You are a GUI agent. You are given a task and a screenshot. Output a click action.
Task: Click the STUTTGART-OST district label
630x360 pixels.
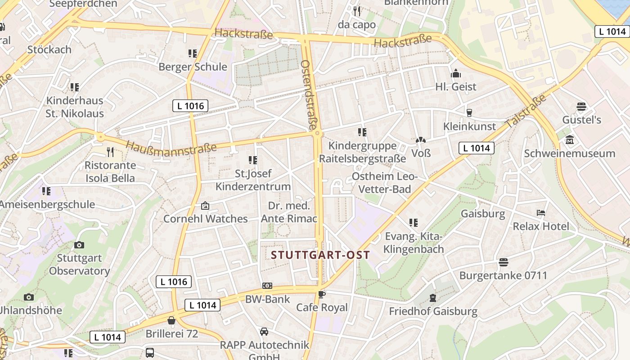320,255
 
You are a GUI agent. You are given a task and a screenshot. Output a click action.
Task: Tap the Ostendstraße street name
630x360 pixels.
309,95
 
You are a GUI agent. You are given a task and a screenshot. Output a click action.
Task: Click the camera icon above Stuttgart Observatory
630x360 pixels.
79,245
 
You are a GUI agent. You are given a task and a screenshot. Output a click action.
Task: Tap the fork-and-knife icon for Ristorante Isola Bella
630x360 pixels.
110,152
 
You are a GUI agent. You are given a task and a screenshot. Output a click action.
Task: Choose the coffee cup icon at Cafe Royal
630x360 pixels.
321,294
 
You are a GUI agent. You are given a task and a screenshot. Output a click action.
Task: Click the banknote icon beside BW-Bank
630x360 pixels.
267,286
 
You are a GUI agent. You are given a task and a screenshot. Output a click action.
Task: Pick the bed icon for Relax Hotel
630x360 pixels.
541,212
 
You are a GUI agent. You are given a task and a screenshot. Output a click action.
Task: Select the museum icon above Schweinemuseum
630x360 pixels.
569,140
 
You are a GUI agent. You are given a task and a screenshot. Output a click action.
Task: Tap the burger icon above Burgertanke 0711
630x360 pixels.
503,262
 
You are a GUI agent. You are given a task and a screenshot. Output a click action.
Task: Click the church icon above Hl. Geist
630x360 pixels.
455,73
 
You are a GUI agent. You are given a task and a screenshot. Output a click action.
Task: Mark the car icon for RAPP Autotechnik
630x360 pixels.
264,332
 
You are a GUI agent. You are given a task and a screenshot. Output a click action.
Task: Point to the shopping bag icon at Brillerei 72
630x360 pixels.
171,320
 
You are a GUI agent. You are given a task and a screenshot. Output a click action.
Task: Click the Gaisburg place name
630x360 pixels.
483,213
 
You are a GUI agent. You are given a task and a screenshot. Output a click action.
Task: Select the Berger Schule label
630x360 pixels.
193,67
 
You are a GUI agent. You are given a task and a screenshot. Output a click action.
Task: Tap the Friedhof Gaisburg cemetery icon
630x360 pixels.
432,297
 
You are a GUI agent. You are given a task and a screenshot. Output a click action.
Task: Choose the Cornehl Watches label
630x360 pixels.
205,219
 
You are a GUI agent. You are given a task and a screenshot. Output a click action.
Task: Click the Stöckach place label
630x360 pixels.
49,49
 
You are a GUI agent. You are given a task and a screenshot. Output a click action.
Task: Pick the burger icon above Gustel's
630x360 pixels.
581,107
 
